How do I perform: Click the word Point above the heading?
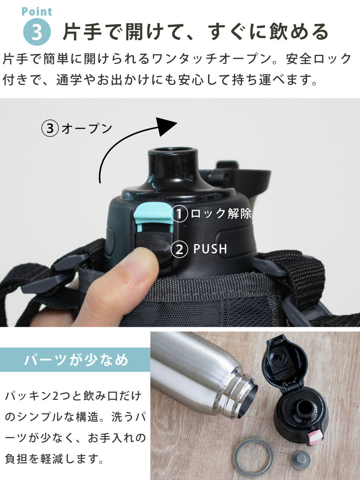click(x=37, y=12)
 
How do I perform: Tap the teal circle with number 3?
click(x=37, y=32)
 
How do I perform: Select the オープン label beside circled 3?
click(x=87, y=128)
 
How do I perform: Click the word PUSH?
click(x=210, y=249)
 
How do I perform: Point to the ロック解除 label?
click(x=221, y=213)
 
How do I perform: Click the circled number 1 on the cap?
click(x=179, y=214)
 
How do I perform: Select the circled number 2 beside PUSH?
click(x=179, y=250)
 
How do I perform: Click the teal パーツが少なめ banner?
click(x=75, y=360)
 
